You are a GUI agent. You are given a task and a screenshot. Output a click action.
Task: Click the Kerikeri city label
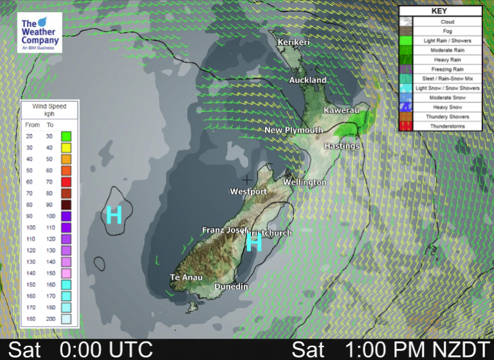tap(294, 42)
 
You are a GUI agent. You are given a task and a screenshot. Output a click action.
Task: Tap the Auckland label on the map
tap(307, 80)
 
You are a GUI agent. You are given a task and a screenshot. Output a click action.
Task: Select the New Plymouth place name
tap(294, 130)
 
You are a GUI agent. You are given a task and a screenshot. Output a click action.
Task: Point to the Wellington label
tap(305, 183)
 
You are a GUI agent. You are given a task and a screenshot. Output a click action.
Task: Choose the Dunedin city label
tap(231, 287)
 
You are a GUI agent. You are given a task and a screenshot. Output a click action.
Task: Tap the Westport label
tap(248, 192)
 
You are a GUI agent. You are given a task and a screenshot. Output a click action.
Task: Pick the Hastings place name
tap(342, 146)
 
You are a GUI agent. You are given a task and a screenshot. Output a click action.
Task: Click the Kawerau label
tap(341, 111)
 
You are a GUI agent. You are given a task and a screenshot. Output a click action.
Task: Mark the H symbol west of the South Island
tap(114, 215)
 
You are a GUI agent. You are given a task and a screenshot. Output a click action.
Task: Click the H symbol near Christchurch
tap(255, 242)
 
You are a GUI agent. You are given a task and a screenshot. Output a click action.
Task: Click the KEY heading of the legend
tap(439, 11)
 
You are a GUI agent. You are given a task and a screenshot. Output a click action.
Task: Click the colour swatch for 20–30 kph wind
tap(66, 136)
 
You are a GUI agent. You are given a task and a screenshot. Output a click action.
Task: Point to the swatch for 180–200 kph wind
tap(66, 318)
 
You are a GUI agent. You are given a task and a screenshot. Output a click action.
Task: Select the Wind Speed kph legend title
tap(49, 109)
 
